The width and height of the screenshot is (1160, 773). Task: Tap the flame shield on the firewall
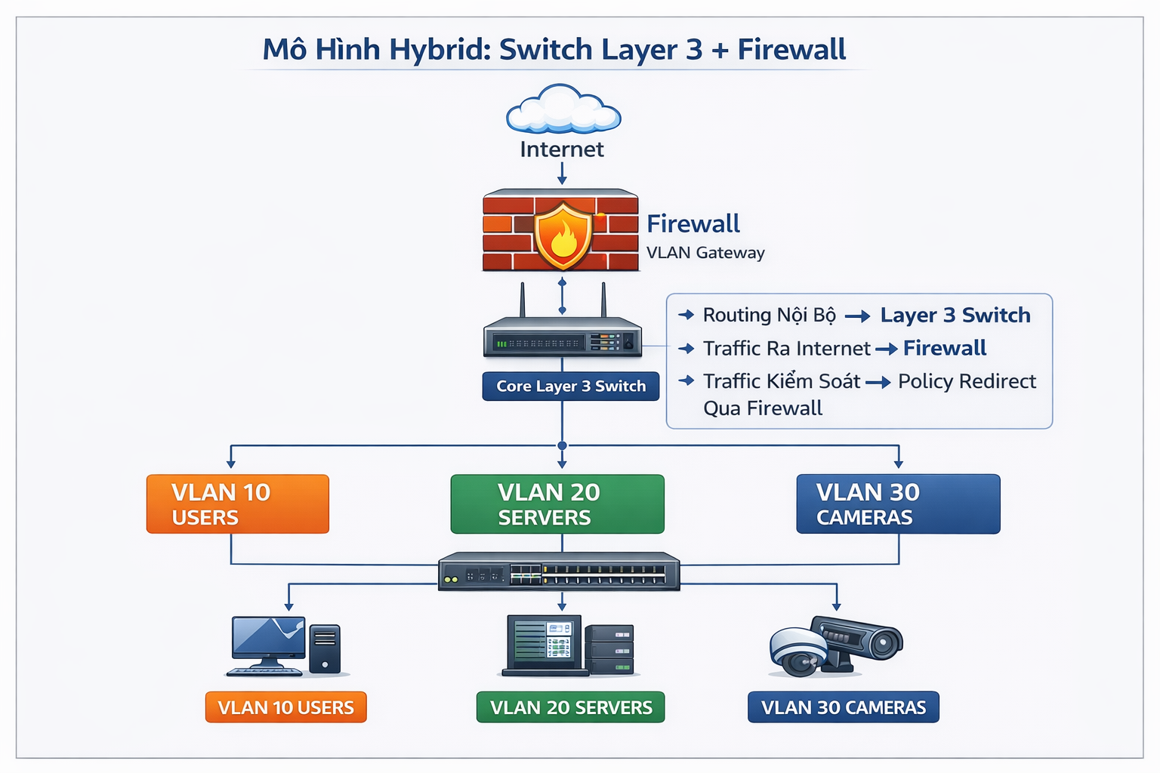(x=563, y=235)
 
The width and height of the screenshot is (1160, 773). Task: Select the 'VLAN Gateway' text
(x=705, y=253)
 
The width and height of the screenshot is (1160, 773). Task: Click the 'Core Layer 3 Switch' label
(x=571, y=386)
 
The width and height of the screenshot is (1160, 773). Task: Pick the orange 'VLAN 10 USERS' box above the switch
(x=238, y=504)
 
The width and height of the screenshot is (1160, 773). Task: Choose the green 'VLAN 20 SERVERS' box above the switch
(x=557, y=504)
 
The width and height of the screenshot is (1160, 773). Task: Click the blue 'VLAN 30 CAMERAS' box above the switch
(x=898, y=504)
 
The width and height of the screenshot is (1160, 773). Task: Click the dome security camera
(x=798, y=651)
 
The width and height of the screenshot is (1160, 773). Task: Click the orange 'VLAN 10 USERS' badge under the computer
(x=285, y=707)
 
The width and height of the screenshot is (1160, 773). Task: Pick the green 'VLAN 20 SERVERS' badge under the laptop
(x=571, y=707)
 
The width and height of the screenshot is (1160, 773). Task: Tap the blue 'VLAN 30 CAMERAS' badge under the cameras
(x=844, y=707)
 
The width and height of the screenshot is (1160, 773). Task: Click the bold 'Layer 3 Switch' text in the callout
(x=955, y=315)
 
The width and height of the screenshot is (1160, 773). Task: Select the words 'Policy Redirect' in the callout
(x=967, y=381)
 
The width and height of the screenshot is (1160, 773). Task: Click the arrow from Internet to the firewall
(x=562, y=173)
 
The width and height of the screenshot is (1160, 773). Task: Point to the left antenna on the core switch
(x=522, y=300)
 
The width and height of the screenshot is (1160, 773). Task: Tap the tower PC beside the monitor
(x=325, y=648)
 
